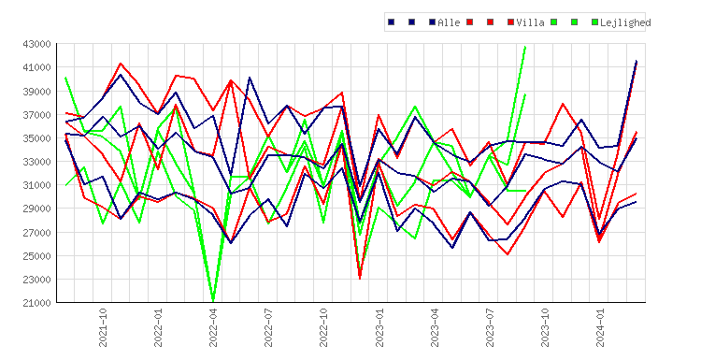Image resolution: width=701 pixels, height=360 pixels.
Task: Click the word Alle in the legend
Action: coord(449,22)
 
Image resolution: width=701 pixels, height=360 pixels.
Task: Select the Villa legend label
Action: coord(530,22)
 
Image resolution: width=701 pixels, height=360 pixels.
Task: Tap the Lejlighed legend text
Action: coord(625,22)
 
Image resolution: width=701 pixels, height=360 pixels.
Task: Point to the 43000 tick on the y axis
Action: coord(36,44)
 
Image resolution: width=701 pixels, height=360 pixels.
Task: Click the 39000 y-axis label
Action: coord(36,92)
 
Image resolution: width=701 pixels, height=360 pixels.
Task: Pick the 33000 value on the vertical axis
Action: coord(36,162)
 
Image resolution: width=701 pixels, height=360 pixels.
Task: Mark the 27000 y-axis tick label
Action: coord(36,233)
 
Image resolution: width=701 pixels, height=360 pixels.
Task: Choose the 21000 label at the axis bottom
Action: coord(36,303)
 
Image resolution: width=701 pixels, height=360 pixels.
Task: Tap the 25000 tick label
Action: coord(36,256)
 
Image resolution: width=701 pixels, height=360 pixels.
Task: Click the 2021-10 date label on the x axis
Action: coord(103,327)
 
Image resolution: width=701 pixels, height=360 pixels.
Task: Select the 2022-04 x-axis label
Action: coord(213,327)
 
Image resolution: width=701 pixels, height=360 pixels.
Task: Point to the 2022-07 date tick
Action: coord(268,327)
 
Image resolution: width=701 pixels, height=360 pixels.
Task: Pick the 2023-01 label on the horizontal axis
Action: coord(379,327)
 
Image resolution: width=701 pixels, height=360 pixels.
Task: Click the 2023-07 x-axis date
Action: coord(490,327)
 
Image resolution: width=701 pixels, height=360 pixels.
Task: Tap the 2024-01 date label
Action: coord(600,327)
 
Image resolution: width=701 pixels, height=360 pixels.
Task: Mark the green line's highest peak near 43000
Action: coord(525,47)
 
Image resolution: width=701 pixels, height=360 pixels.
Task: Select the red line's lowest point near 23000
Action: coord(360,278)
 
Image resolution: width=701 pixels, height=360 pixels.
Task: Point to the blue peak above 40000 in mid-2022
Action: coord(250,78)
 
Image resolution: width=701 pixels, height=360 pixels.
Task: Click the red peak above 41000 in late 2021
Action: coord(121,64)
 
